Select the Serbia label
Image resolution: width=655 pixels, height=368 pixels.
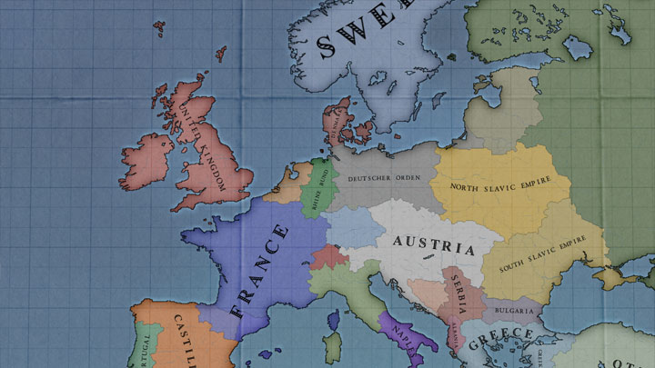click(x=458, y=294)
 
